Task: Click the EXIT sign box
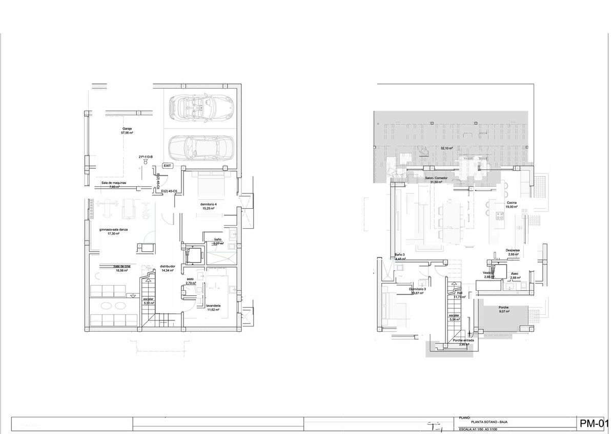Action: pyautogui.click(x=168, y=166)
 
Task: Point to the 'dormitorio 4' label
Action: pyautogui.click(x=208, y=204)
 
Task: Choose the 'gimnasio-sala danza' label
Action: pyautogui.click(x=113, y=230)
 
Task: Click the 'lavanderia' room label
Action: pyautogui.click(x=213, y=306)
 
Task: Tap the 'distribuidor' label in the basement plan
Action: pyautogui.click(x=168, y=266)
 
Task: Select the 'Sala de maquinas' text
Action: pyautogui.click(x=114, y=183)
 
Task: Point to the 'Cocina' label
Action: pyautogui.click(x=511, y=203)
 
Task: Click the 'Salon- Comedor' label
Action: pyautogui.click(x=436, y=178)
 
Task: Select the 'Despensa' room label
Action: pyautogui.click(x=513, y=250)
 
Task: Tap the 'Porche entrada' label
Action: pyautogui.click(x=463, y=340)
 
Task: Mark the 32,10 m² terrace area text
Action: pyautogui.click(x=447, y=148)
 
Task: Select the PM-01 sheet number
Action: pyautogui.click(x=593, y=423)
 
